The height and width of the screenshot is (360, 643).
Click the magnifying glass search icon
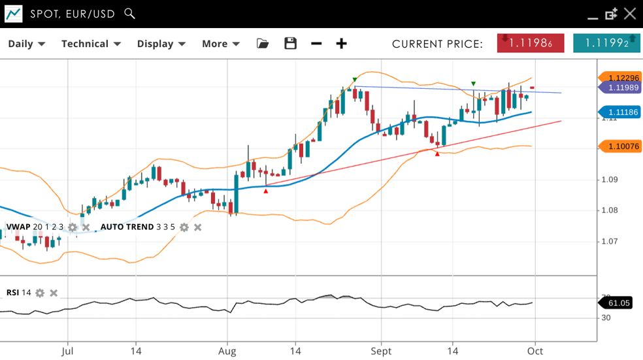click(x=129, y=13)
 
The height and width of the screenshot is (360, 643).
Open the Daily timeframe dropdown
click(x=26, y=44)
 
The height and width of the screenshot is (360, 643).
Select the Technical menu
click(x=91, y=44)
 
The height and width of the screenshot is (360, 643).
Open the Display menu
click(x=161, y=44)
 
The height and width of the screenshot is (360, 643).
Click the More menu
click(x=220, y=44)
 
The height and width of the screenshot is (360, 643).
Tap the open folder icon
click(x=263, y=44)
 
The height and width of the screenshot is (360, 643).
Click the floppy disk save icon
click(x=291, y=44)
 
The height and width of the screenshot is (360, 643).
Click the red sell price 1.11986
click(x=531, y=43)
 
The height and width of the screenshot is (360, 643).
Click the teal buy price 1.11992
click(x=606, y=43)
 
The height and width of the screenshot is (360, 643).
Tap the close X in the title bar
click(x=629, y=14)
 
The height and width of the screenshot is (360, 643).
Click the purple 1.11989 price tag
click(x=620, y=88)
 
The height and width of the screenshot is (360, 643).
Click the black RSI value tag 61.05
click(x=618, y=303)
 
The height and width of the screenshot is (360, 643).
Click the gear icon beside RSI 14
click(x=40, y=293)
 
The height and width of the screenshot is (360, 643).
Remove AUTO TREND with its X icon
click(x=197, y=227)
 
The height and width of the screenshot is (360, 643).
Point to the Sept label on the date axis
click(x=381, y=351)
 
